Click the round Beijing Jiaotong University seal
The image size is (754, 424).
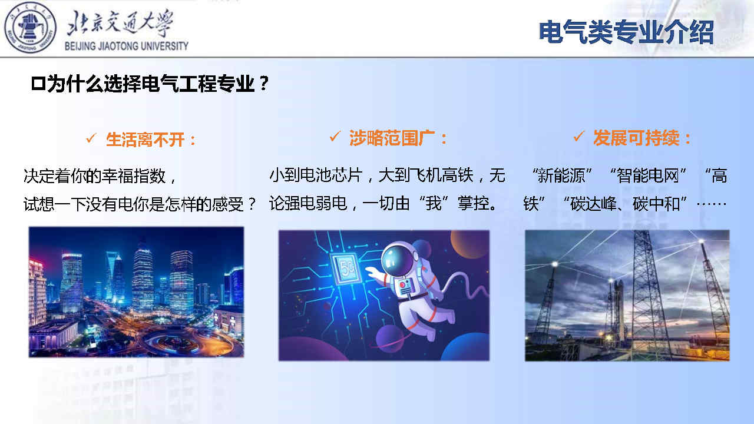coord(30,28)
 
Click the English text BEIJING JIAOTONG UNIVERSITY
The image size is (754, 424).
coord(126,46)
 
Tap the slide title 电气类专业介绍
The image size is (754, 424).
coord(626,32)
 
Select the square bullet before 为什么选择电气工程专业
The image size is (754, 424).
coord(38,84)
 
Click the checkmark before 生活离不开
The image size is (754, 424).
coord(91,138)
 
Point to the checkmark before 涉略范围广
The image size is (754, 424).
coord(335,136)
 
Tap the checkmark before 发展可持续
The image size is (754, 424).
coord(578,136)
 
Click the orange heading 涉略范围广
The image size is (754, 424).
coord(392,138)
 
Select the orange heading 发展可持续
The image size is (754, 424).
coord(636,138)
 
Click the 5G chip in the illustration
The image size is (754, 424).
coord(348,268)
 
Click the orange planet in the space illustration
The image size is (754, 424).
coord(470,244)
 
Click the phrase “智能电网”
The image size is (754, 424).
coord(648,175)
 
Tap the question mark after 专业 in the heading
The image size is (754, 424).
coord(264,83)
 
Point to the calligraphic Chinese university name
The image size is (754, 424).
coord(120,23)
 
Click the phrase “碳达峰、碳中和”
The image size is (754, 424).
coord(625,204)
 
